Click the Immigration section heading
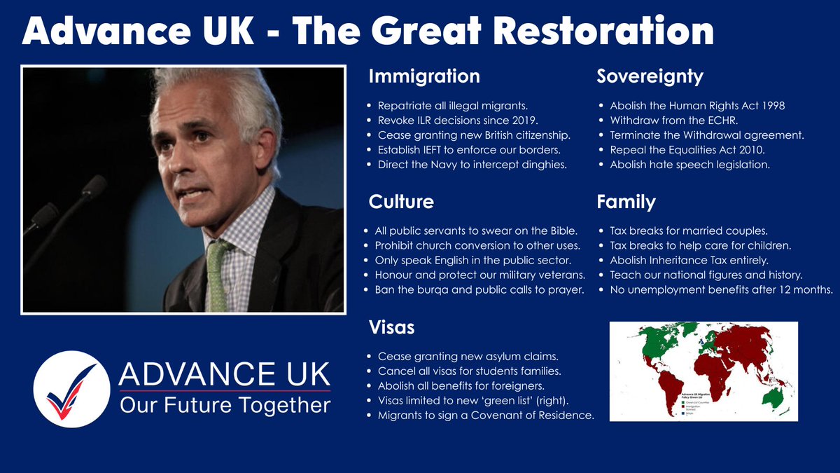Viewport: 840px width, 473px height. tap(424, 76)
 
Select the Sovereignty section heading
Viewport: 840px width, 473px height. tap(650, 76)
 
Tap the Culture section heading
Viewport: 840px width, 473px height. tap(401, 203)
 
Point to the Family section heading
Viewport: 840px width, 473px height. tap(626, 203)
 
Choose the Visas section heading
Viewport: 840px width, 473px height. tap(392, 327)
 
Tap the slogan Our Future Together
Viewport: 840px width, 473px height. tap(225, 405)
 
